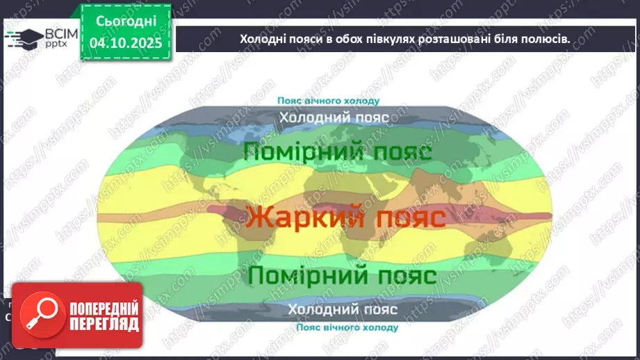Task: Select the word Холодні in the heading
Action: (262, 39)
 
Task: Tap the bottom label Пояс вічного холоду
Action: (346, 327)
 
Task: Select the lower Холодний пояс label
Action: (343, 309)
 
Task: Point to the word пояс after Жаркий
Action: (407, 218)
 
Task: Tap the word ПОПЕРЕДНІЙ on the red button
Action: (102, 308)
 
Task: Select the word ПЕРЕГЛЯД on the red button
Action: (102, 324)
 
